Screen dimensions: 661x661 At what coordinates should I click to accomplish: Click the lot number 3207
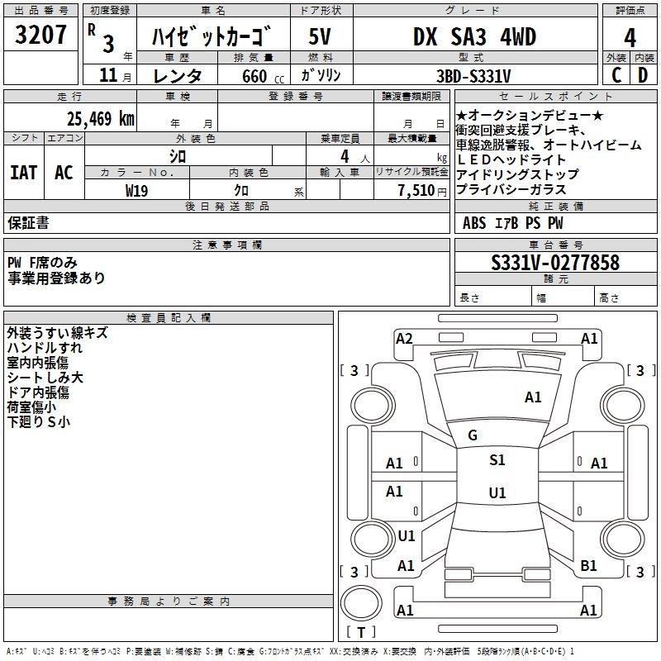41,37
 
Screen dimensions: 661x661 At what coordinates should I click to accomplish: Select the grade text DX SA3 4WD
473,37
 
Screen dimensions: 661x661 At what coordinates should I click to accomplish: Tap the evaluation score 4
630,37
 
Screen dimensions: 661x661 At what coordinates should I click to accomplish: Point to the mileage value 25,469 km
101,119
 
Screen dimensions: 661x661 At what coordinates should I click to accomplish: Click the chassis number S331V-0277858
555,264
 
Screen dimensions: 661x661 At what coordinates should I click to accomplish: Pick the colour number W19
137,190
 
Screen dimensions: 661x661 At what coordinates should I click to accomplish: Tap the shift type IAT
23,173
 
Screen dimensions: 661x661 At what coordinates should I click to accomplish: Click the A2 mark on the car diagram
404,338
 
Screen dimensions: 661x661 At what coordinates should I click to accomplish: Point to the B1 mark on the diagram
588,566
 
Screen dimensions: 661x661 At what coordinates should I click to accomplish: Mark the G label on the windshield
473,435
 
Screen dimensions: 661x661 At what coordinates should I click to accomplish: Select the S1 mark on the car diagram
497,460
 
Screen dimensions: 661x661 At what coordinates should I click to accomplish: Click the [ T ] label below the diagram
361,632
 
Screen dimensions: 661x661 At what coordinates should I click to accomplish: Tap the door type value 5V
321,37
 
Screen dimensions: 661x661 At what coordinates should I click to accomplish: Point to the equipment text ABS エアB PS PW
512,223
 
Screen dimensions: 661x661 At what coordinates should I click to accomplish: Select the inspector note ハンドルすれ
45,348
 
